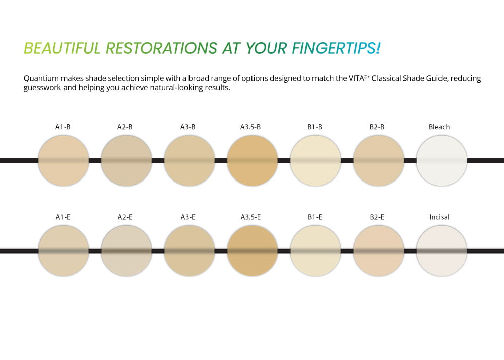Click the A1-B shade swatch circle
click(64, 160)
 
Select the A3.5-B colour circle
click(253, 160)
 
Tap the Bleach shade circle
click(442, 160)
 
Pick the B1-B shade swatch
click(316, 160)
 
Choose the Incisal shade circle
click(442, 251)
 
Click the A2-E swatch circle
click(127, 251)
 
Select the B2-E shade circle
click(379, 251)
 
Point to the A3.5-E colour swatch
click(253, 251)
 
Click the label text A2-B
click(124, 127)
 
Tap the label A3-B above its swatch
click(187, 127)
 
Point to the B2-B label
click(376, 127)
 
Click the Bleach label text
click(439, 127)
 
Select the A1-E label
click(63, 217)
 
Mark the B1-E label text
click(314, 217)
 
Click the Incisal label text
click(439, 217)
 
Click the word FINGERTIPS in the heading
click(336, 48)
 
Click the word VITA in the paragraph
click(356, 78)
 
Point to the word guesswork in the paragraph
click(42, 88)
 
